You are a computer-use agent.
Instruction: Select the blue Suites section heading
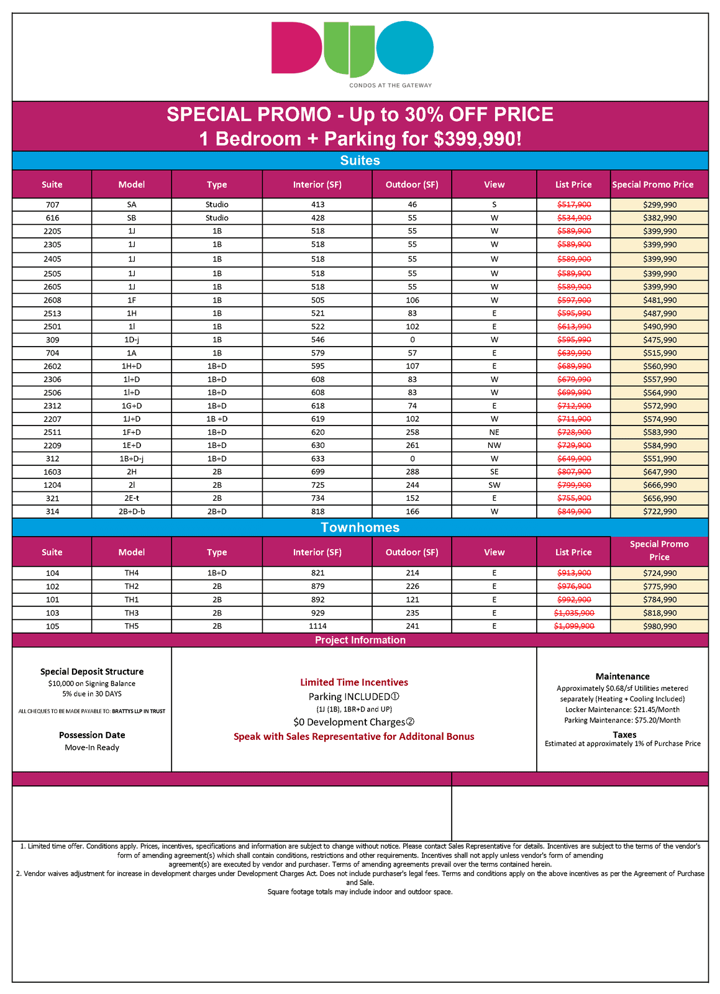[360, 160]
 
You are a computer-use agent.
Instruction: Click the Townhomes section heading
[360, 527]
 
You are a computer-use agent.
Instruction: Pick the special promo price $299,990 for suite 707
[660, 204]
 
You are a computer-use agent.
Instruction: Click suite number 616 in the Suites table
[52, 218]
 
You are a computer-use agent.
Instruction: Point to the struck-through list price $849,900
[574, 511]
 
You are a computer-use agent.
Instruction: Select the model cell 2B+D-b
[132, 511]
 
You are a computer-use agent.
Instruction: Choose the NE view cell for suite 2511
[494, 432]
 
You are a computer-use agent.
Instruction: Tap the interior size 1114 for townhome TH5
[317, 626]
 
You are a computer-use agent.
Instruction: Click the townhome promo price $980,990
[660, 626]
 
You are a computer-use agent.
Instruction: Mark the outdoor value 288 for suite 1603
[412, 472]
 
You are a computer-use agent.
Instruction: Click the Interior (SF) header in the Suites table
[317, 185]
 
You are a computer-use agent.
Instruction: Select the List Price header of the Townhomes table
[573, 552]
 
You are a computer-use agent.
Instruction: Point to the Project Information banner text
[360, 640]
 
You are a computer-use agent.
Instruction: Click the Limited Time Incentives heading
[354, 682]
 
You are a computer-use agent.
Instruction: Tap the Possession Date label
[92, 735]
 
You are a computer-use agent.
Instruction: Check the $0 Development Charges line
[354, 722]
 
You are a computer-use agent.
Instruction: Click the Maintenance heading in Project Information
[622, 677]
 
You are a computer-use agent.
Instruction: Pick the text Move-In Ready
[92, 747]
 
